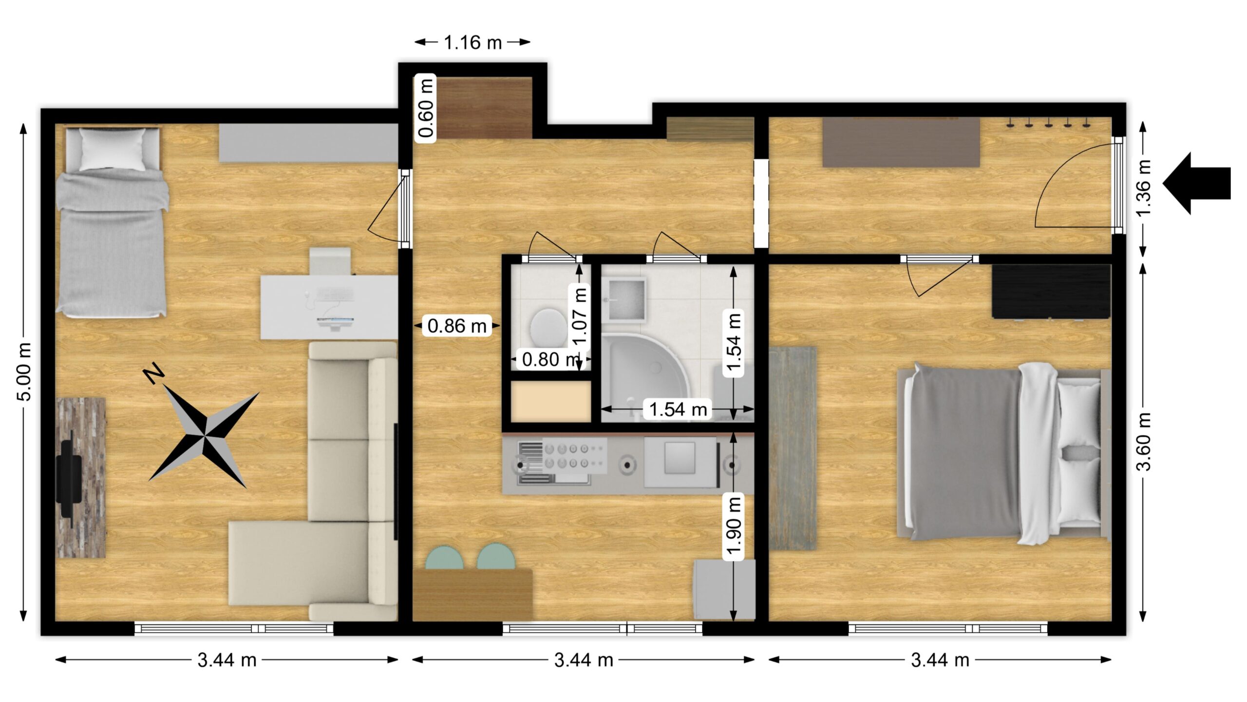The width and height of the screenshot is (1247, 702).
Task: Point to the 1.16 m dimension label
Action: pyautogui.click(x=472, y=43)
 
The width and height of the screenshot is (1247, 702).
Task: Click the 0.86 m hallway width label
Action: pyautogui.click(x=457, y=326)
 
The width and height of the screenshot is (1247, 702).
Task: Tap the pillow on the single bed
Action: pyautogui.click(x=113, y=149)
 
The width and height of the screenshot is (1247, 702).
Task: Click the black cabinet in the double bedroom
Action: pyautogui.click(x=1051, y=292)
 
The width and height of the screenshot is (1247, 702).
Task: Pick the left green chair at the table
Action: pyautogui.click(x=444, y=557)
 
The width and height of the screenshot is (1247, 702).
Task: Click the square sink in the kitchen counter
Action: pyautogui.click(x=680, y=458)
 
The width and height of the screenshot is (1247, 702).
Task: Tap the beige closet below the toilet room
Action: pyautogui.click(x=551, y=401)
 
